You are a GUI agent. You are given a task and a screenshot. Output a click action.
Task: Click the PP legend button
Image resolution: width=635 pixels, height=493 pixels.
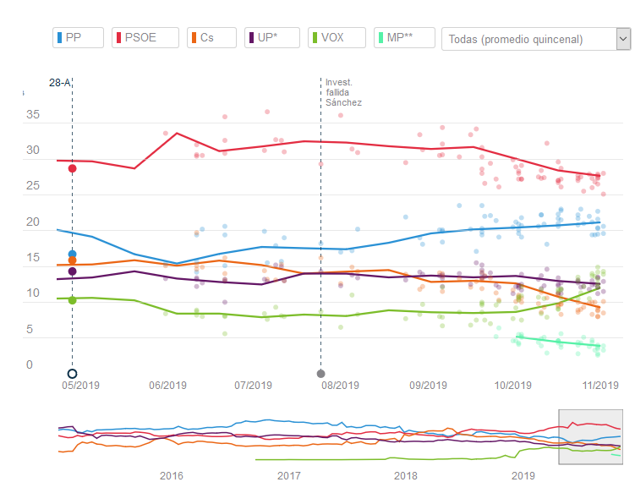(78, 38)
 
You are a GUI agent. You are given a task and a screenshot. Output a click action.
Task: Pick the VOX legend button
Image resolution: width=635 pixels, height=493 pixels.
(336, 38)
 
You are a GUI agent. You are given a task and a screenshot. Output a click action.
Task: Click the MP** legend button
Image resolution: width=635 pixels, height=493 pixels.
(404, 38)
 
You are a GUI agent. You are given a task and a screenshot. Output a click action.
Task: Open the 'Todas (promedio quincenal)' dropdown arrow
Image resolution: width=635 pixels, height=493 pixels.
(623, 39)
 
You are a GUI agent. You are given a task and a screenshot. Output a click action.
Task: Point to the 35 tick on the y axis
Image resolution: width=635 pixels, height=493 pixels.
(33, 115)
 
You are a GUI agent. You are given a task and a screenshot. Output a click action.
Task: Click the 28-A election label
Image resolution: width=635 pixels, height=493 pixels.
(60, 83)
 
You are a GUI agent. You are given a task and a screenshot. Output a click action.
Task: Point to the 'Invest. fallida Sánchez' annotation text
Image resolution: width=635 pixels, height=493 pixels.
(343, 92)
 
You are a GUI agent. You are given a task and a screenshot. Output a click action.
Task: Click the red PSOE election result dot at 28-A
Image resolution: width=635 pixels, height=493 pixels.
(73, 168)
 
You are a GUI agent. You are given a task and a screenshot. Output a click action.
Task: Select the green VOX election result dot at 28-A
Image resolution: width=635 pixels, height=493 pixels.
(73, 300)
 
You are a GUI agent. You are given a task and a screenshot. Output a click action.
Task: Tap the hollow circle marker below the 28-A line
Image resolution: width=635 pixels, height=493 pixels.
(73, 374)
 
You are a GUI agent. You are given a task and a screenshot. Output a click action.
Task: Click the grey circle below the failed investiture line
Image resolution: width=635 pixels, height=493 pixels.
(320, 374)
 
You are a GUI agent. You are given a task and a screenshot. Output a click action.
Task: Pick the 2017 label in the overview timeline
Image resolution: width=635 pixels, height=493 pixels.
(289, 475)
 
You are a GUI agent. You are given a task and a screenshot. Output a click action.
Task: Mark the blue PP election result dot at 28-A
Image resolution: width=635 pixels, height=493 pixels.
(73, 254)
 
